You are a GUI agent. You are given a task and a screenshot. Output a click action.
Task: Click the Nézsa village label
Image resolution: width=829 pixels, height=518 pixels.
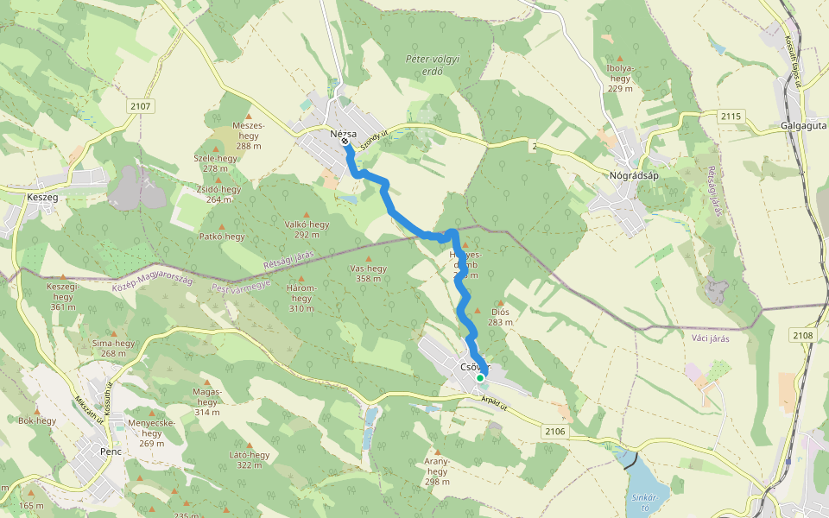[x=343, y=134]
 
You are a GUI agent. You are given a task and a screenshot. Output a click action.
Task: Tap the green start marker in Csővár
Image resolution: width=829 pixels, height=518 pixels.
[x=480, y=378]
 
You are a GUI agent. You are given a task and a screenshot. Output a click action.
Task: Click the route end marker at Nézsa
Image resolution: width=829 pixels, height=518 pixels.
[x=345, y=142]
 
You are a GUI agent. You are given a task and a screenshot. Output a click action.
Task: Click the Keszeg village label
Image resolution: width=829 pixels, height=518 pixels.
[x=42, y=197]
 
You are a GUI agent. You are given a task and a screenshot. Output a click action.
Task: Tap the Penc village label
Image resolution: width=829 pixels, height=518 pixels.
[x=111, y=452]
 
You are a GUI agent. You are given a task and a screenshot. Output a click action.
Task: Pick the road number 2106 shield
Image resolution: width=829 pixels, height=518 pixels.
[x=555, y=431]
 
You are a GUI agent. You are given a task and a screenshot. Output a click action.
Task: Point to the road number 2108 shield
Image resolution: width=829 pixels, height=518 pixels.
[x=802, y=335]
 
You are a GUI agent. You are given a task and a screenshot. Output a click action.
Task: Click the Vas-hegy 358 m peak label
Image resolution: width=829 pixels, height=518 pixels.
[x=368, y=274]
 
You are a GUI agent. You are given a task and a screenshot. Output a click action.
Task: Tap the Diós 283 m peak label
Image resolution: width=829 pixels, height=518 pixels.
[x=500, y=317]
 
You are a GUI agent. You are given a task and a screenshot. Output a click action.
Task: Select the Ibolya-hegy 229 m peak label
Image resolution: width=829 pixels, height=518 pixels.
[x=620, y=78]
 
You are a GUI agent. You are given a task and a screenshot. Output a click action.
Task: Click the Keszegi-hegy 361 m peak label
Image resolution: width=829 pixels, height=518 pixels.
[x=62, y=296]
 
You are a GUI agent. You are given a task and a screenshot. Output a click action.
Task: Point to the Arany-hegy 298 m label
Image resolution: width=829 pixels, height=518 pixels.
[x=437, y=471]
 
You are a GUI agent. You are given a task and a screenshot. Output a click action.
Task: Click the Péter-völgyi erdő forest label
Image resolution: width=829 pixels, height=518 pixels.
[x=433, y=66]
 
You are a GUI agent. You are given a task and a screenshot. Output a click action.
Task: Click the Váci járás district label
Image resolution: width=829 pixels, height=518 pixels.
[x=711, y=338]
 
